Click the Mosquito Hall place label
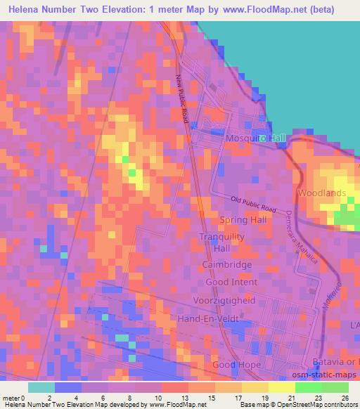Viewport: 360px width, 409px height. coord(255,138)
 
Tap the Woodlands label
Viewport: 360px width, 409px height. coord(322,193)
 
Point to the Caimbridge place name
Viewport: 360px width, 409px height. coord(227,265)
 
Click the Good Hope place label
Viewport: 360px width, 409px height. coord(236,365)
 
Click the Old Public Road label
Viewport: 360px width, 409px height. coord(253,204)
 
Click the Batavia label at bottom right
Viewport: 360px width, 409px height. coord(336,361)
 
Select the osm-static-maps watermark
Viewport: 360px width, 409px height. coord(331,373)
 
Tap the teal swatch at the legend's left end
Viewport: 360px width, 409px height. coord(41,387)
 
